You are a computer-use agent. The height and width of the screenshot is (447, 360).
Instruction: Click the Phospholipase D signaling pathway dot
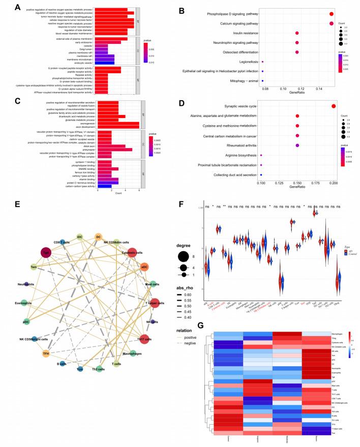click(331, 14)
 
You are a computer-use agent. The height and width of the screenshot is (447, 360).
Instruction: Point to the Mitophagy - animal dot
click(262, 80)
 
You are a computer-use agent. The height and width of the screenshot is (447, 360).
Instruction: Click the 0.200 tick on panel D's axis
click(333, 181)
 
